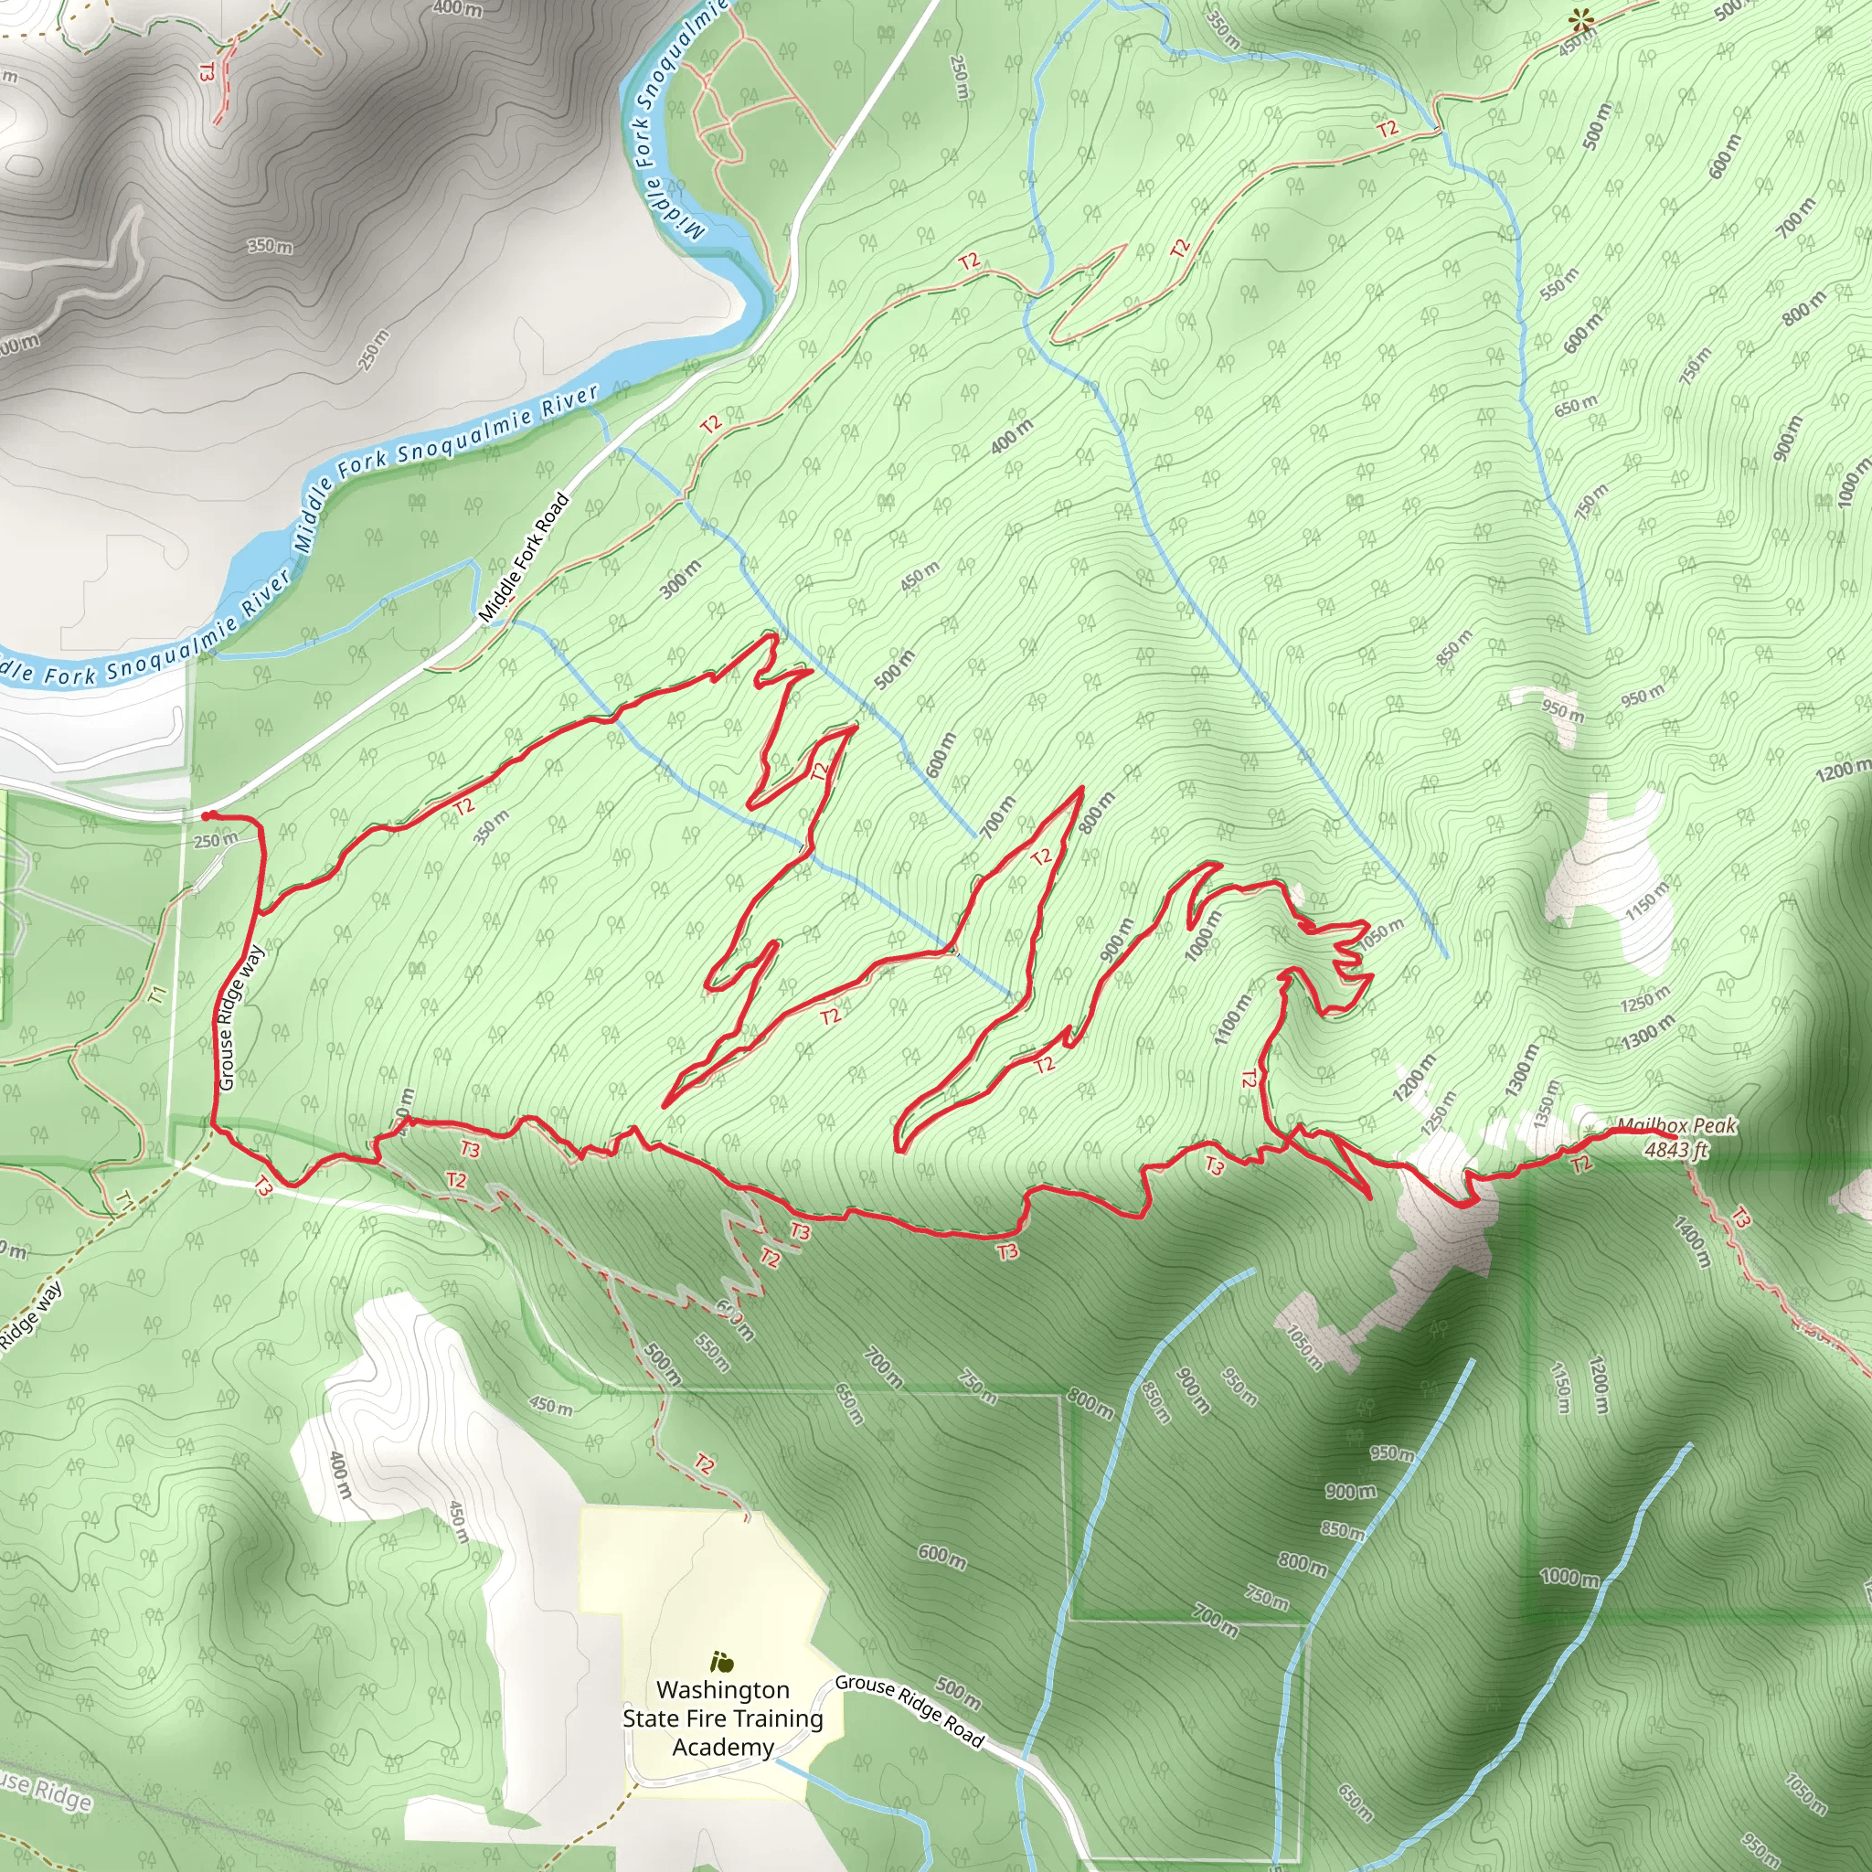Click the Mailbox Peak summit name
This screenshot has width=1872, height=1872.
(1676, 1126)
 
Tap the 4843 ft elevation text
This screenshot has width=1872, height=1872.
(1676, 1150)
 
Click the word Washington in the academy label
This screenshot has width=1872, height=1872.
(723, 1690)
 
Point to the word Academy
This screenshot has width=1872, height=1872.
(723, 1747)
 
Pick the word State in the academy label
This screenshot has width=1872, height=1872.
(651, 1719)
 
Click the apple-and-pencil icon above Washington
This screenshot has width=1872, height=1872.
(721, 1663)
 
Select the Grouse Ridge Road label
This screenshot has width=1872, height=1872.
(909, 1711)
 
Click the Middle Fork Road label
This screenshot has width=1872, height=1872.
(523, 558)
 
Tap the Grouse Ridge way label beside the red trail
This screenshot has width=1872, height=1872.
(240, 1017)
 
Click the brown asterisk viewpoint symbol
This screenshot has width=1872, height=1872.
(1581, 19)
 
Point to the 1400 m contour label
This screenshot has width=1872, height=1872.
(1690, 1242)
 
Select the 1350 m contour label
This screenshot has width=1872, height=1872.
(1547, 1104)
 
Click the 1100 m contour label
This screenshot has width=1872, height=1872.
(1232, 1019)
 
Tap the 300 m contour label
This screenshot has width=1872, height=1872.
(681, 579)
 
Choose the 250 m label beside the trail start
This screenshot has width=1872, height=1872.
(215, 839)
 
